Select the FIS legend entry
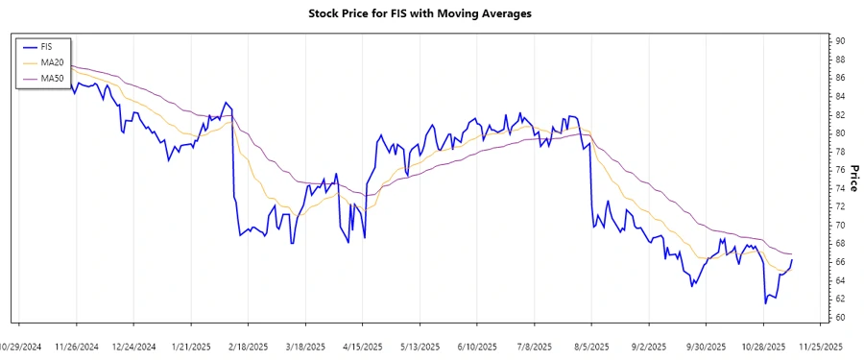44,46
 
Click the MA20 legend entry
50,62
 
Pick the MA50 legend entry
50,79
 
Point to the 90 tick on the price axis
840,41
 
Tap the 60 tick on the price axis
840,318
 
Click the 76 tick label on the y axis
840,170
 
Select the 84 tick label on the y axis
840,97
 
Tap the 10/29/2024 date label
19,346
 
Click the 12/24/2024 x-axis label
134,346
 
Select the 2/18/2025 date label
249,346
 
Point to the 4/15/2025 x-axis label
363,346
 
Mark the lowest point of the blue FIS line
765,303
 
